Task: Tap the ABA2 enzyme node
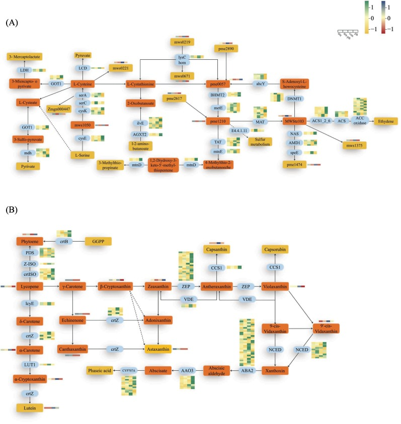248,370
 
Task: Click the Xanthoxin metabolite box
275,370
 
